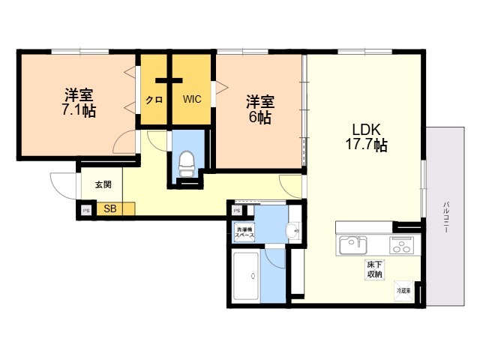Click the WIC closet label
193,98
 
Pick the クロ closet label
154,99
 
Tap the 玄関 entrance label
103,184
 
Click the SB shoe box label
109,209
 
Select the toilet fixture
187,162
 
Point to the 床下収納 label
374,269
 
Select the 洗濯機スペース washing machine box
245,232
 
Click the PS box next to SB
86,210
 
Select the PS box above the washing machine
236,211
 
